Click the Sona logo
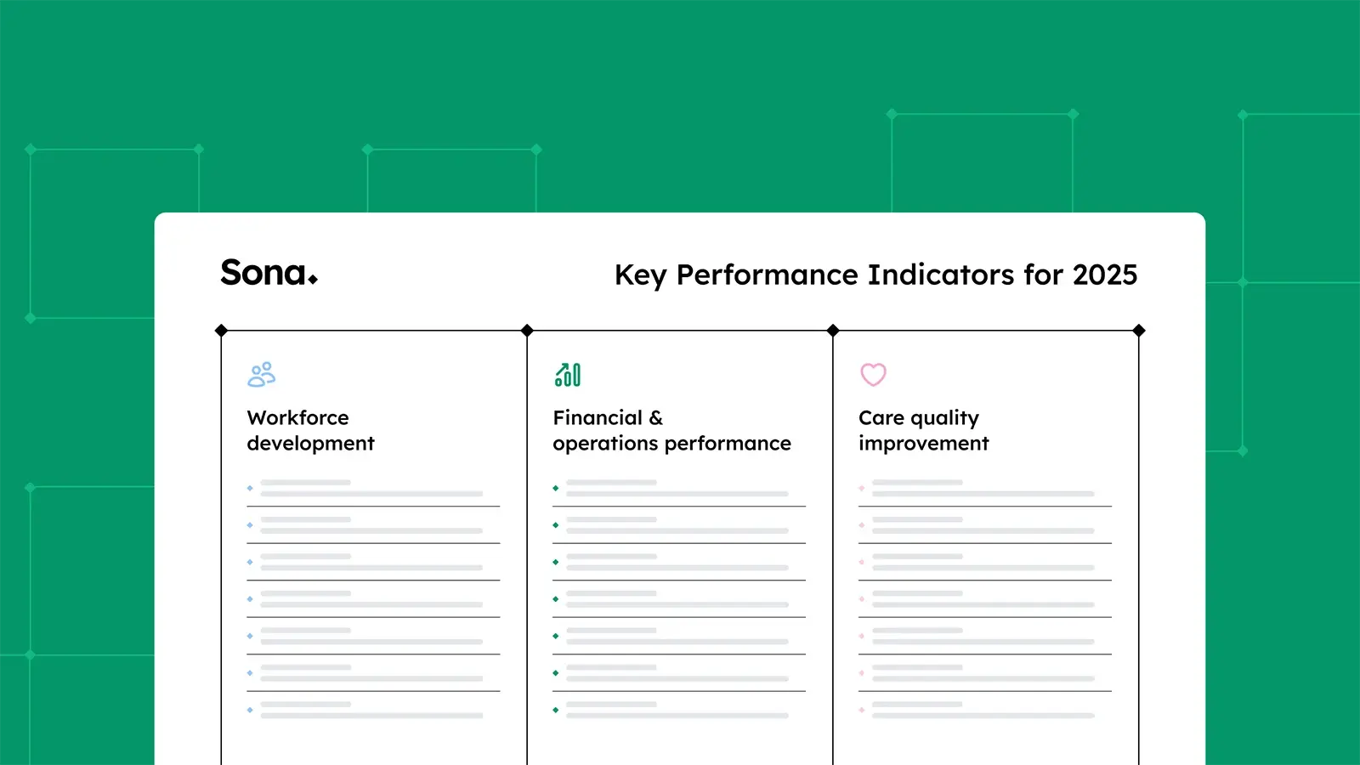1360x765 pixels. click(x=269, y=273)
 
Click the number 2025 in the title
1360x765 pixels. click(x=1104, y=275)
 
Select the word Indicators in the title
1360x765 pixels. click(x=941, y=275)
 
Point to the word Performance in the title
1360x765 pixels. click(x=768, y=275)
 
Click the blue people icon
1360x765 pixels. click(x=262, y=375)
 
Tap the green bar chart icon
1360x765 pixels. click(x=568, y=375)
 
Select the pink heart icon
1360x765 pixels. click(x=873, y=375)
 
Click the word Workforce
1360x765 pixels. click(x=297, y=418)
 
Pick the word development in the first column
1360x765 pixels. click(x=310, y=444)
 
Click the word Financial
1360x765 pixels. click(x=598, y=418)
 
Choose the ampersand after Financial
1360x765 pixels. click(x=656, y=418)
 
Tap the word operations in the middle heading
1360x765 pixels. click(x=605, y=444)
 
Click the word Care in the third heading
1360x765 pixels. click(x=881, y=418)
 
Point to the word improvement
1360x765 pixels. click(x=923, y=444)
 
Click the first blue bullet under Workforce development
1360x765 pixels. click(x=250, y=488)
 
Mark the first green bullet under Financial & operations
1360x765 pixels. click(x=556, y=488)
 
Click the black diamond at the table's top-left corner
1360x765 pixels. click(x=221, y=331)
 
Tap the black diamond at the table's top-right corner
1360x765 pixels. click(x=1139, y=331)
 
